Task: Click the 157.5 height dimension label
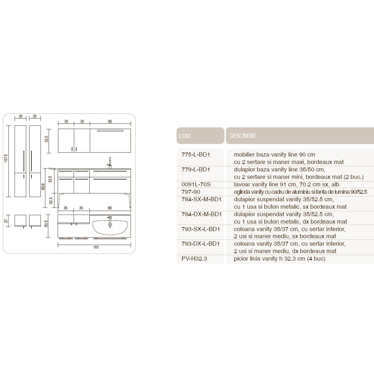tap(6, 158)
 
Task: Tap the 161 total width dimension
tap(96, 247)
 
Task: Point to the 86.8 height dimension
tap(43, 187)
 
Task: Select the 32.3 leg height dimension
tap(50, 200)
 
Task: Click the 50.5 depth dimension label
tap(46, 224)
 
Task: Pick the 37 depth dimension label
tap(6, 221)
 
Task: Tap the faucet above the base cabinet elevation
tap(110, 163)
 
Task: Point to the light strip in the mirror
tap(110, 131)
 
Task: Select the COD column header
tap(184, 136)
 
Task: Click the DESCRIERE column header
tap(243, 136)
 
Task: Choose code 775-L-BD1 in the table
tap(196, 154)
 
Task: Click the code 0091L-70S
tap(196, 184)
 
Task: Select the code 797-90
tap(191, 192)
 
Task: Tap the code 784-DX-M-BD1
tap(202, 214)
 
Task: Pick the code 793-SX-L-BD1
tap(200, 229)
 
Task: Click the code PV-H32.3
tap(194, 258)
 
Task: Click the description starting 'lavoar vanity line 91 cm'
tap(286, 184)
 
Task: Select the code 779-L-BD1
tap(196, 169)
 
